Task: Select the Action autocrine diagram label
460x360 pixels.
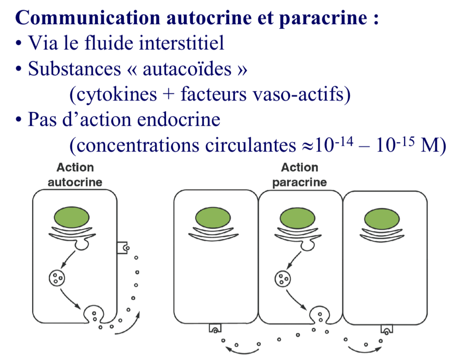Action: tap(75, 174)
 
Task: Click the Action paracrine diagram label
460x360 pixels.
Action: tap(299, 174)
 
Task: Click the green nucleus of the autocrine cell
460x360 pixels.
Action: tap(75, 216)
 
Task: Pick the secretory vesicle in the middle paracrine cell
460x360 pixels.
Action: tap(282, 278)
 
